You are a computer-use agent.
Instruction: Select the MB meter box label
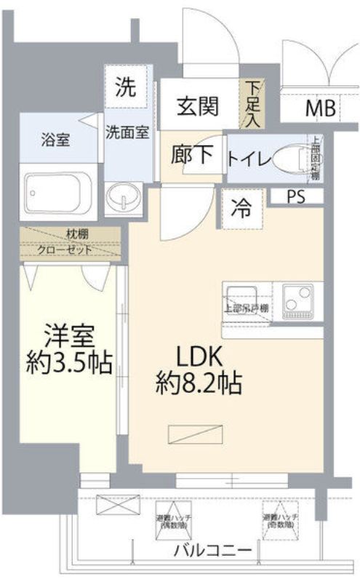320,109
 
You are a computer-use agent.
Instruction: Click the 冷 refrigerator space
241,208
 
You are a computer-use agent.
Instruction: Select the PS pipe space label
295,196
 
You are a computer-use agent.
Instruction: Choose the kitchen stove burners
297,300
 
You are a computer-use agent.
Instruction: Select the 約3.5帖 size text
69,362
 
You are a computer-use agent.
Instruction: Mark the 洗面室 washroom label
128,132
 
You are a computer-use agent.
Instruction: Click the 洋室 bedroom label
69,338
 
